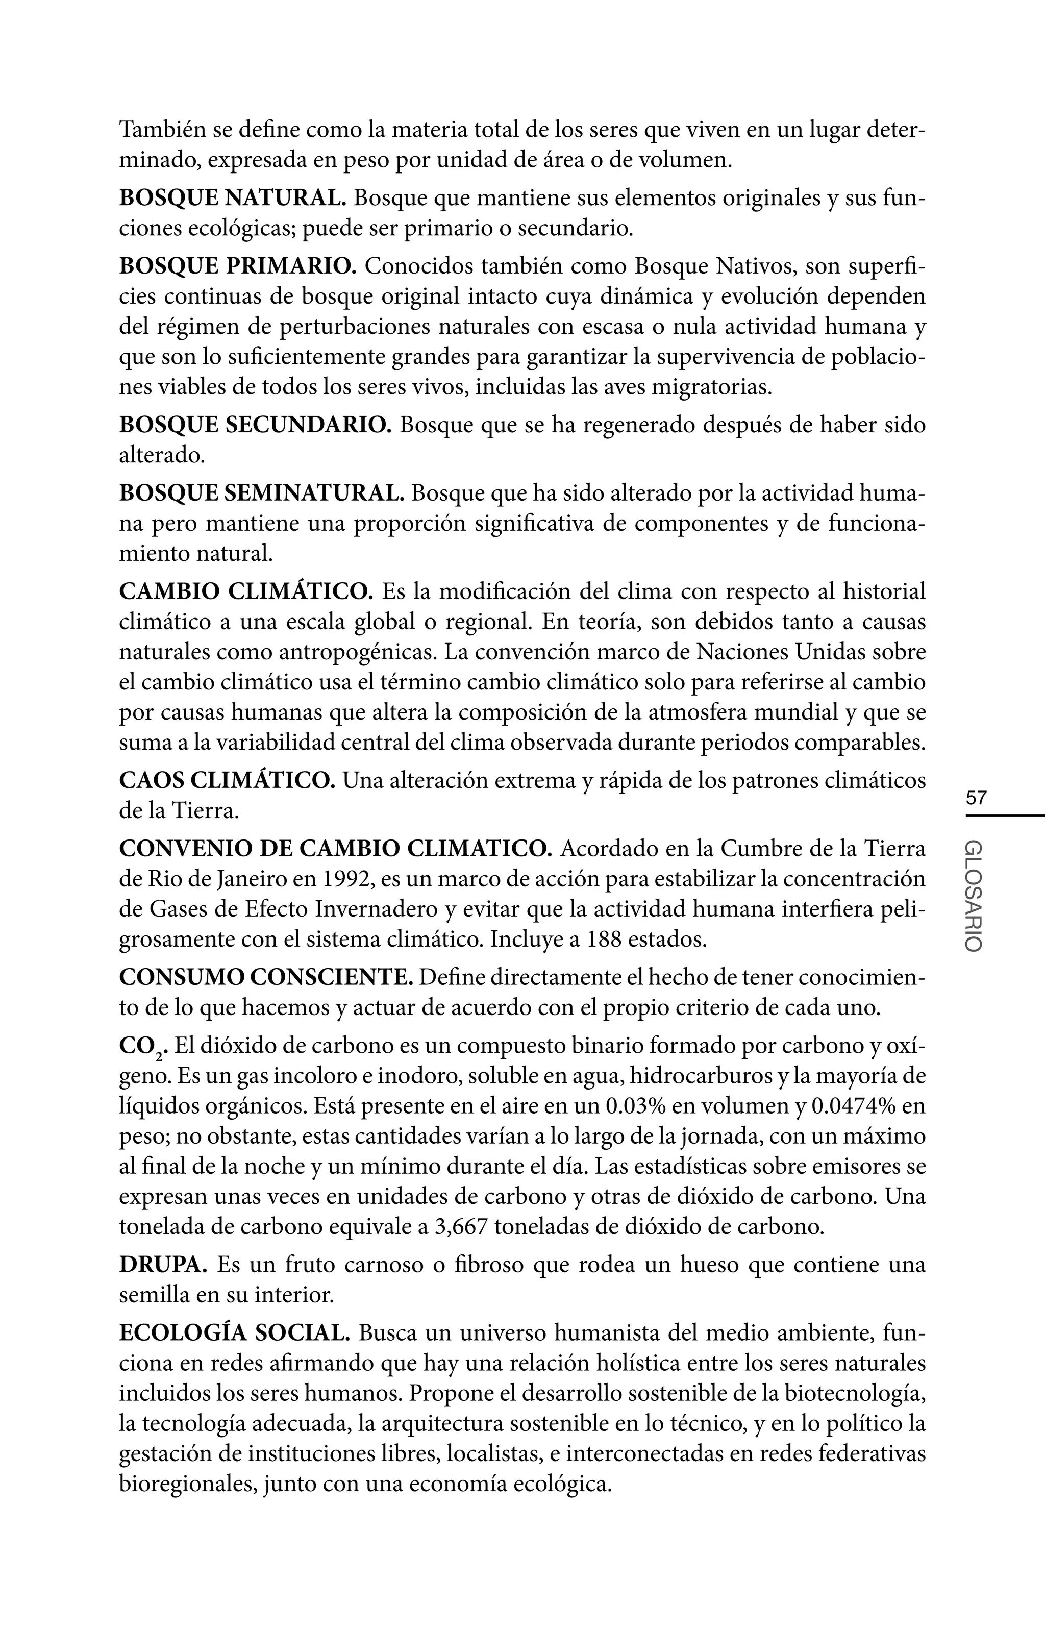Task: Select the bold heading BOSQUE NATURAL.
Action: click(x=233, y=198)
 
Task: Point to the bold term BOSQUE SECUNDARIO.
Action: click(x=255, y=425)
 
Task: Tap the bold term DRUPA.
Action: click(x=163, y=1265)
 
